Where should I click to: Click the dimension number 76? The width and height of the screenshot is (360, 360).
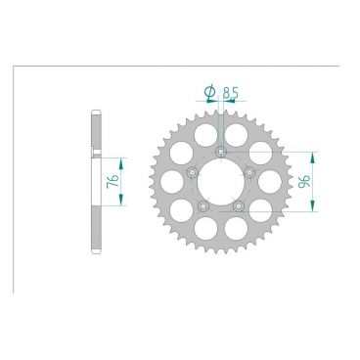[x=112, y=181]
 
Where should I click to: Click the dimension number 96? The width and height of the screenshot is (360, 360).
[x=304, y=182]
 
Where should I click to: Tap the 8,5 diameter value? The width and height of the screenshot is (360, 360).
[x=231, y=93]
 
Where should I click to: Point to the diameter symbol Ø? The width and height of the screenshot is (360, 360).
[x=209, y=92]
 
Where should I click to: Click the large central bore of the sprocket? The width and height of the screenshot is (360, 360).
[x=221, y=182]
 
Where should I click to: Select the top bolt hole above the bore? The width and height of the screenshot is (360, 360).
[x=221, y=151]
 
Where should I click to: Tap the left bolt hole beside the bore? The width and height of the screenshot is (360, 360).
[x=193, y=172]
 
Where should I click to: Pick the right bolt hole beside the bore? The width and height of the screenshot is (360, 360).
[x=249, y=172]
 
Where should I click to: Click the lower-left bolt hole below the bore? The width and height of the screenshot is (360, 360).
[x=203, y=205]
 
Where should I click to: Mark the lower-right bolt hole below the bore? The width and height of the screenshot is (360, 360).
[x=239, y=205]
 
